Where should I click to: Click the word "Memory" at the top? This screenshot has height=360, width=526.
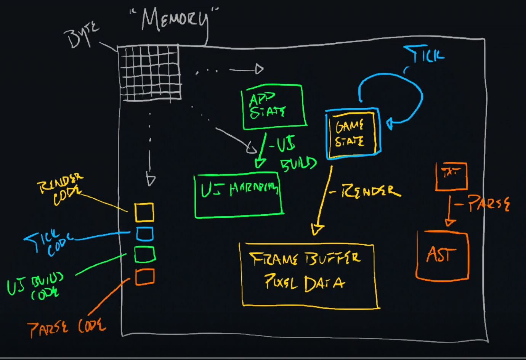[x=175, y=21]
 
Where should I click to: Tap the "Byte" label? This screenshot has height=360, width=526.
[x=81, y=35]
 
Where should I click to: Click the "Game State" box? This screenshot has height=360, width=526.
[x=353, y=133]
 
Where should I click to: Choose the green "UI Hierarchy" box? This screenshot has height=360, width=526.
[x=239, y=196]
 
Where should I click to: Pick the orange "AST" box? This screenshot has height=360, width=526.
[x=442, y=255]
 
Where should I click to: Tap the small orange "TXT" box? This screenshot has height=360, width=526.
[x=451, y=176]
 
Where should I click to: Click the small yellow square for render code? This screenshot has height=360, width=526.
[x=144, y=212]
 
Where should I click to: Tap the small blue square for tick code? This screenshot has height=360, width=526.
[x=145, y=234]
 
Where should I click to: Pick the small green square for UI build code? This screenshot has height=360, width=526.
[x=145, y=254]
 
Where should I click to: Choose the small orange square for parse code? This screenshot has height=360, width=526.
[x=145, y=276]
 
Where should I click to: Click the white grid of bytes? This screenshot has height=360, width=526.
[x=149, y=72]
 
